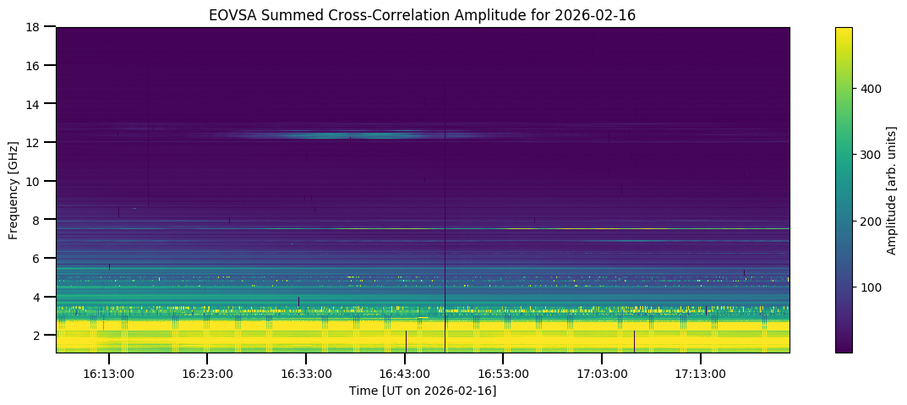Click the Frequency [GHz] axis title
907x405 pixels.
tap(14, 190)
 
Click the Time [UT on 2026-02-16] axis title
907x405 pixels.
tap(423, 391)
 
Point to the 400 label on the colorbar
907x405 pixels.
tap(871, 88)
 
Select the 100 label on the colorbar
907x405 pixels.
tap(871, 287)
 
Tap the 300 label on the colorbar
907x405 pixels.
tap(871, 155)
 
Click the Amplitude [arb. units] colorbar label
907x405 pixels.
tap(891, 190)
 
